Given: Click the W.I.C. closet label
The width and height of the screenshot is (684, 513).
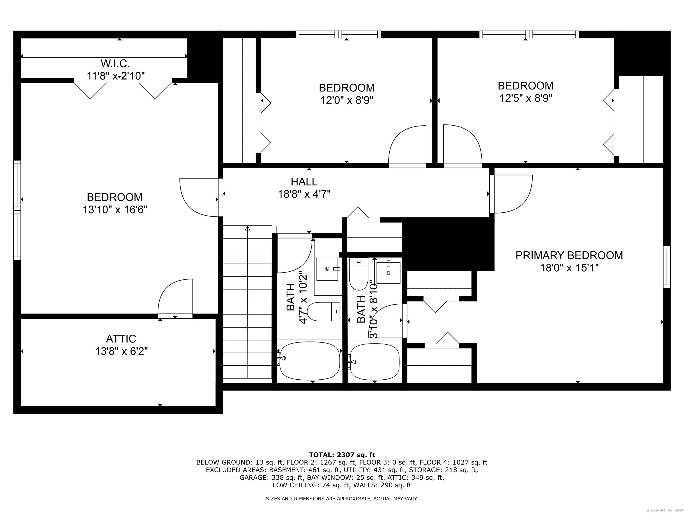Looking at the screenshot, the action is pos(115,64).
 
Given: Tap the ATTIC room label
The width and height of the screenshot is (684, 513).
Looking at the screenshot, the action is pos(121,339).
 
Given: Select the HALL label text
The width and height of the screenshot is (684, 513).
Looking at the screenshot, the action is pos(304,181).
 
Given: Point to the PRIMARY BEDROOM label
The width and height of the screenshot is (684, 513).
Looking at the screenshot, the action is pos(569,255).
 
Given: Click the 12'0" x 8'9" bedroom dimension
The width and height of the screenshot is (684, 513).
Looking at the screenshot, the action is pos(347,100).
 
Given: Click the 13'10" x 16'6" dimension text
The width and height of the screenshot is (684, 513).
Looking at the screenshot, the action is pos(115,210).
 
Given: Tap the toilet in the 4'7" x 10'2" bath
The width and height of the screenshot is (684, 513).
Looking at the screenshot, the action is pos(324,311).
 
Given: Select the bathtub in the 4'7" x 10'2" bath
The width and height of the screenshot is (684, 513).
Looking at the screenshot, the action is pos(309,362).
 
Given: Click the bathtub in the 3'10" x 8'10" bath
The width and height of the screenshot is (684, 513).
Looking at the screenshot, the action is pos(375,362).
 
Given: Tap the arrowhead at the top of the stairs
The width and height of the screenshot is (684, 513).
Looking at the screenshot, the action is pos(247,228).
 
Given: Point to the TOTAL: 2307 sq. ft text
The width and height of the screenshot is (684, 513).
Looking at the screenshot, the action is pos(342,455).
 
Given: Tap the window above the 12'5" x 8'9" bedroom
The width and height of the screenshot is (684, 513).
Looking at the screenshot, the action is pos(529,34).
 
